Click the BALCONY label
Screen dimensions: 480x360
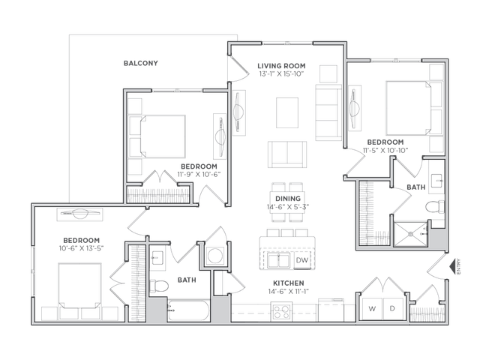click(140, 63)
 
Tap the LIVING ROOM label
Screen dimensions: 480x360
click(281, 66)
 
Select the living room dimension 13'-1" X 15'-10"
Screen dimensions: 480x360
click(281, 73)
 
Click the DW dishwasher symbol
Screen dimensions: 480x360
click(301, 260)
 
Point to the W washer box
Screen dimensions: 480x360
click(372, 308)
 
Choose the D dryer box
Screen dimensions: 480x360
click(392, 308)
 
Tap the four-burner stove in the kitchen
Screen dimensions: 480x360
click(281, 312)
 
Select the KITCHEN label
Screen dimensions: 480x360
click(288, 283)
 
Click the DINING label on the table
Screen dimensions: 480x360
click(288, 199)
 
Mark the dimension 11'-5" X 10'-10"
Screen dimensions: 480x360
click(385, 150)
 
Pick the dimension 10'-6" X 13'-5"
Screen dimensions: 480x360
click(81, 248)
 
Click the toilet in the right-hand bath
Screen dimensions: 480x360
click(435, 207)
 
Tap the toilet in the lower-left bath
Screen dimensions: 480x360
click(159, 286)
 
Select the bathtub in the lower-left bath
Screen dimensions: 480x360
click(188, 310)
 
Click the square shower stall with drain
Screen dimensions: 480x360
click(410, 234)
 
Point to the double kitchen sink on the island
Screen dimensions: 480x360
click(278, 261)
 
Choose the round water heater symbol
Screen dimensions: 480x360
click(214, 255)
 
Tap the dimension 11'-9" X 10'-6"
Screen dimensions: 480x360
click(199, 175)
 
